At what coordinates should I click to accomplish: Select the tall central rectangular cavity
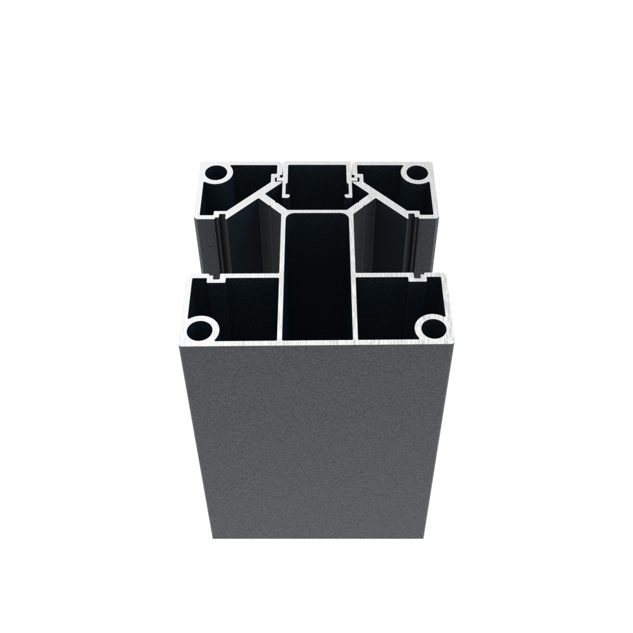point(318,272)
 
